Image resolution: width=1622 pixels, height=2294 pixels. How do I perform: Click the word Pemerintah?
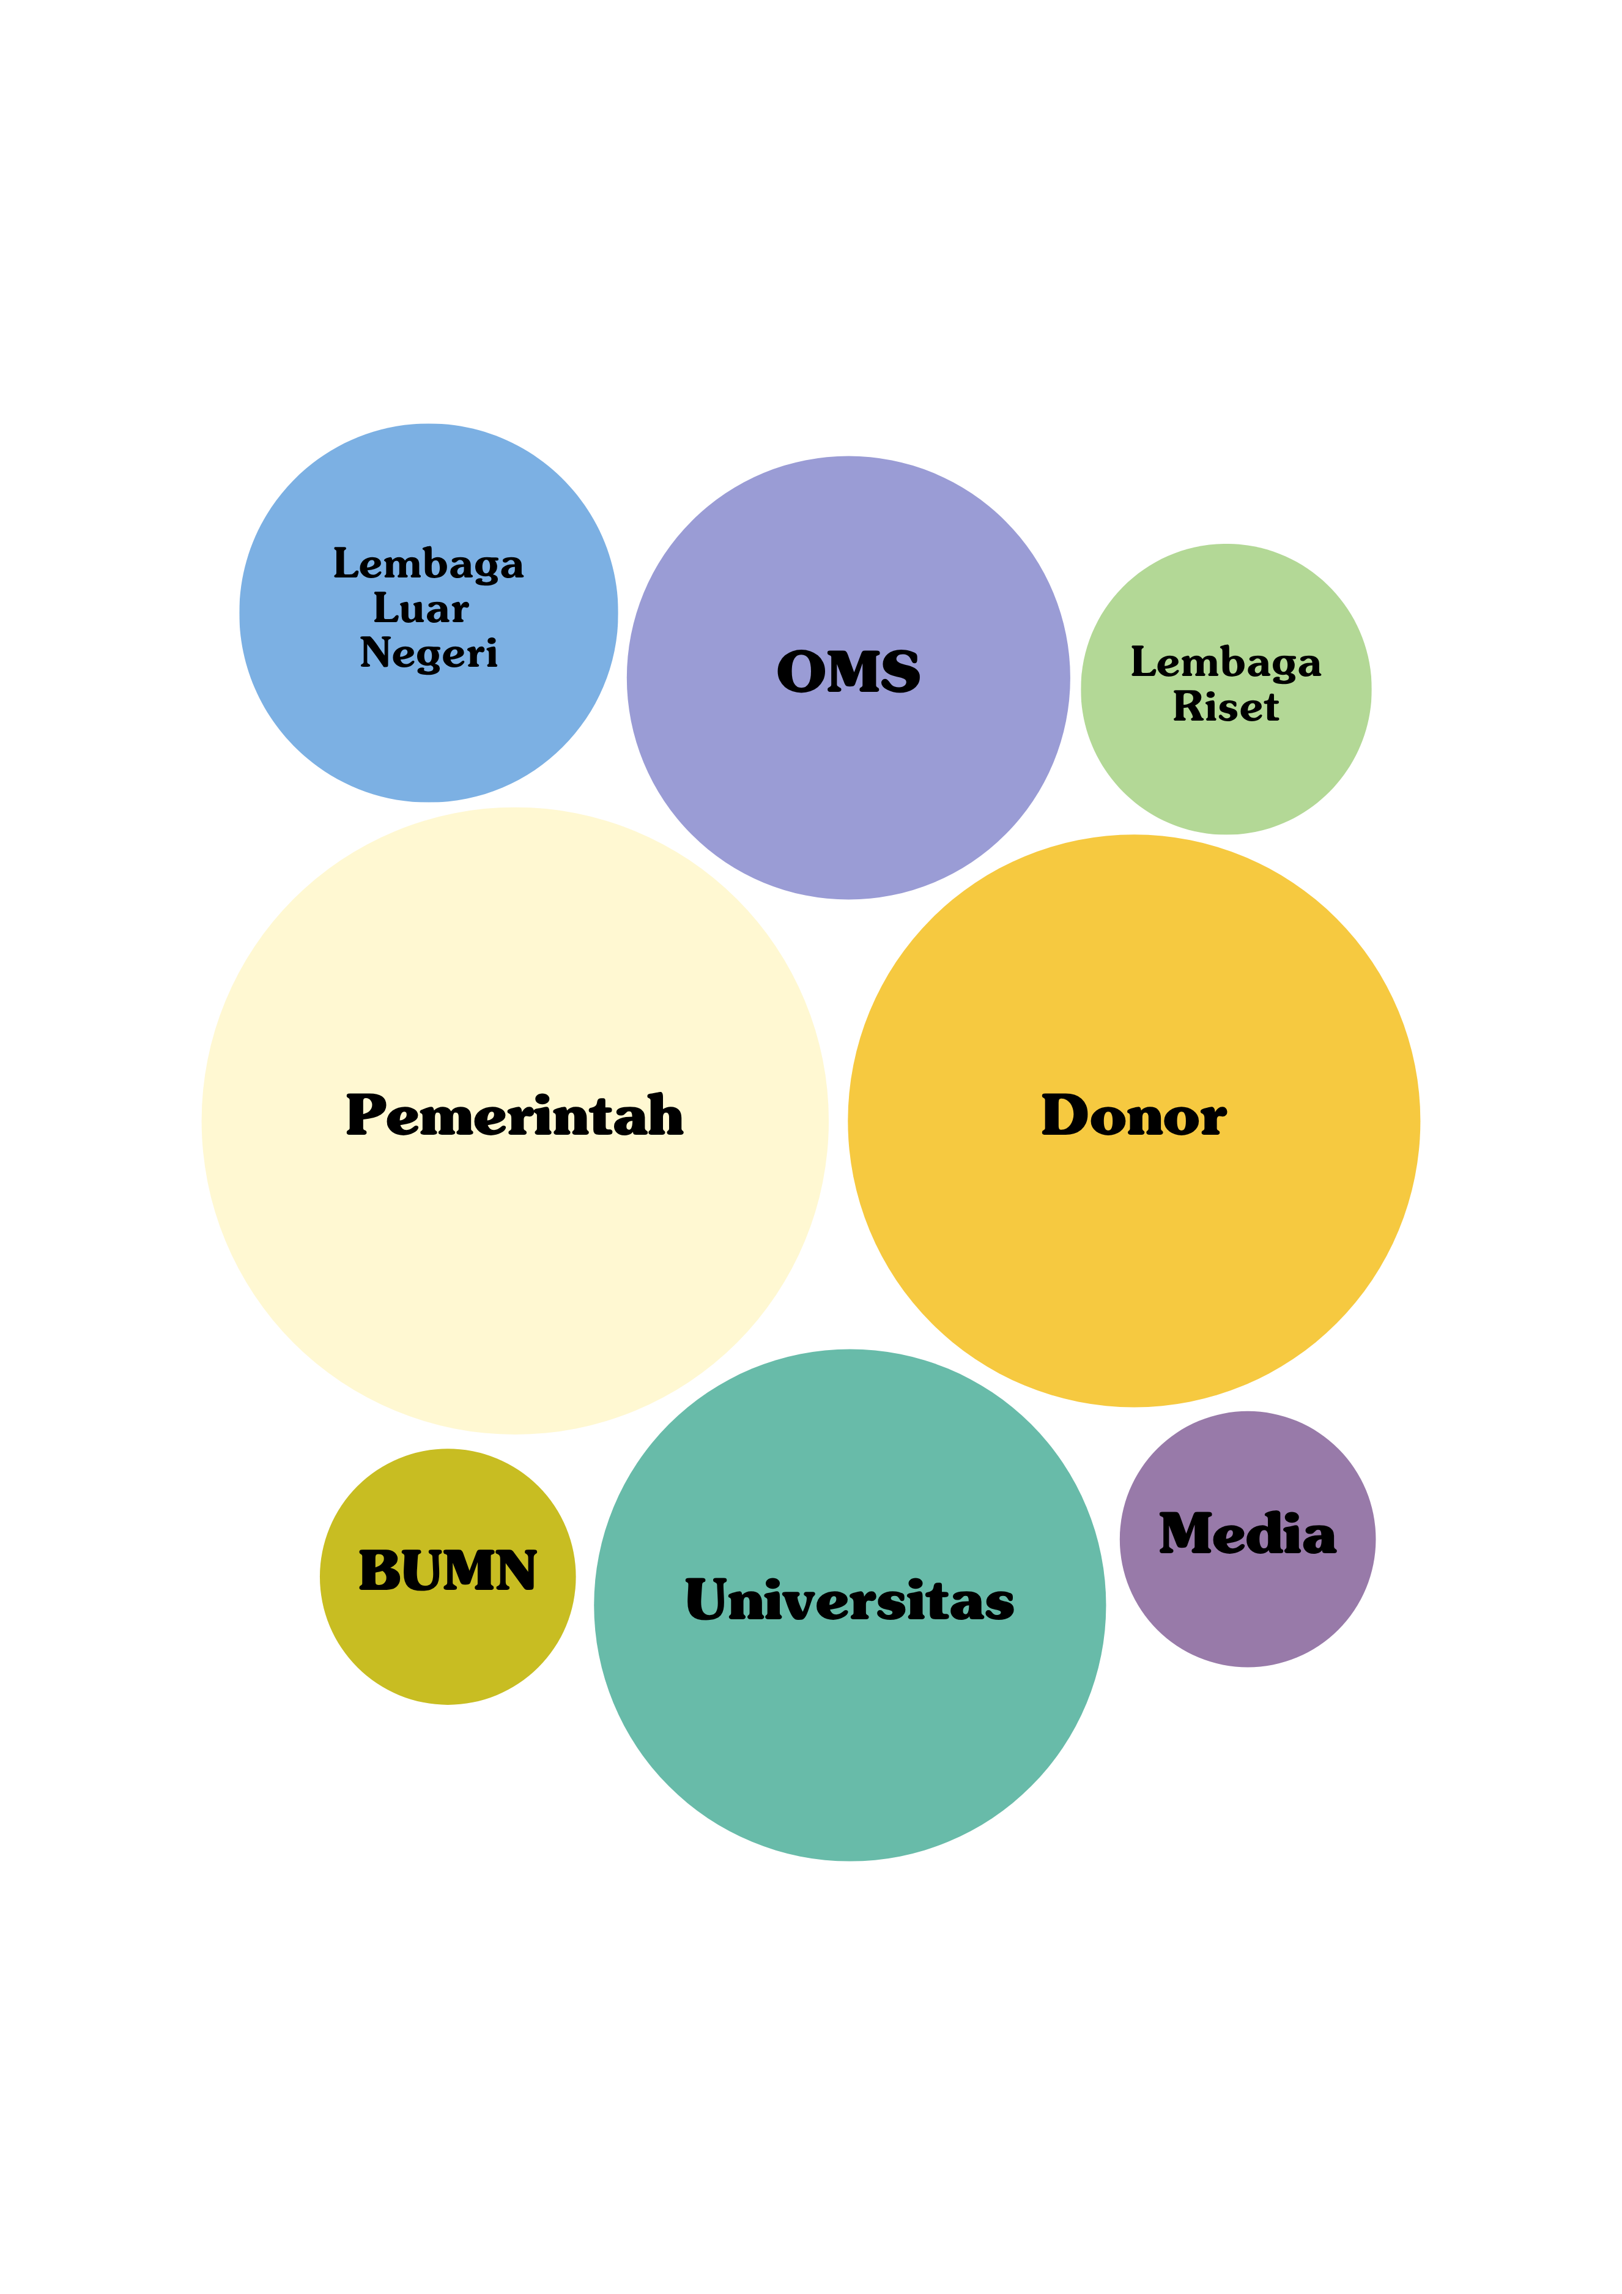click(x=514, y=1115)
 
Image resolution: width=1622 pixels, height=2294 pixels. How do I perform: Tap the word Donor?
click(x=1133, y=1115)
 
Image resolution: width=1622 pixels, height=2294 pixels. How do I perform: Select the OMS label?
click(x=848, y=672)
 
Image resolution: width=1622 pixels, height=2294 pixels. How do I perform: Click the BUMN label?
click(x=448, y=1571)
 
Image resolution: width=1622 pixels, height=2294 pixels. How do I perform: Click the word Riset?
click(x=1226, y=707)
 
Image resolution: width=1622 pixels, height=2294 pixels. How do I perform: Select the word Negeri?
click(x=429, y=653)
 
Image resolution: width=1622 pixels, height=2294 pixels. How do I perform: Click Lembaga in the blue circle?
click(x=429, y=565)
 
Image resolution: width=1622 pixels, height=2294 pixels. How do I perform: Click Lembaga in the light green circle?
click(x=1226, y=663)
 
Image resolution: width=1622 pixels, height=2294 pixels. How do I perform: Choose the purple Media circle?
click(x=1248, y=1609)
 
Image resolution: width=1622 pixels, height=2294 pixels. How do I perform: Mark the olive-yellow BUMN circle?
click(x=448, y=1649)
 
